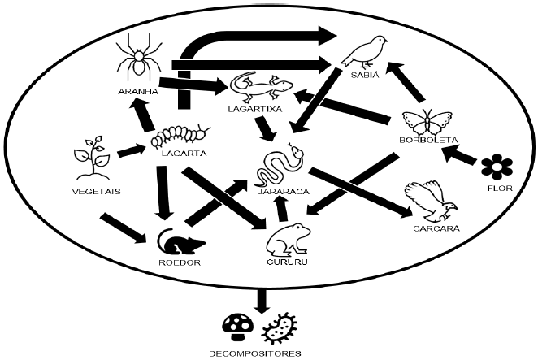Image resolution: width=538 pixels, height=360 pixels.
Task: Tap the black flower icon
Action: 497,167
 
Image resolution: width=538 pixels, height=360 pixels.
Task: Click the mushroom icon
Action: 238,326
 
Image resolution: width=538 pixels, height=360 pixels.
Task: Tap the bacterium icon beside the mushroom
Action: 279,327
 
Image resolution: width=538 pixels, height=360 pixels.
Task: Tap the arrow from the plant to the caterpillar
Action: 131,151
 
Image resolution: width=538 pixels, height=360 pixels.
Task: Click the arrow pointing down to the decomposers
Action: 261,298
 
